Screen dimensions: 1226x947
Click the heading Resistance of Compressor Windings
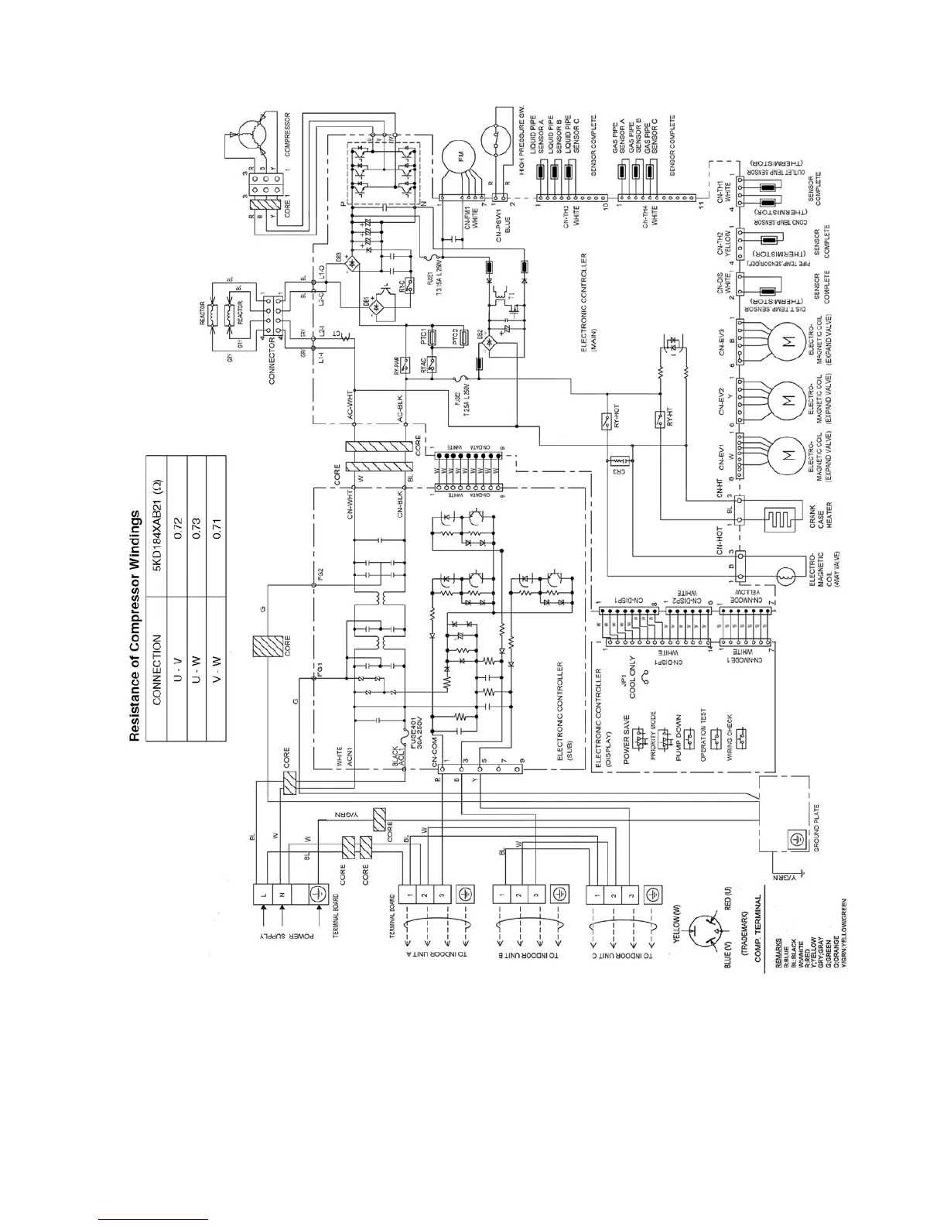coord(135,625)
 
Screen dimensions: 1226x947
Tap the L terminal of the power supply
coord(264,895)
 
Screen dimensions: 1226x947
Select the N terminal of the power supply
coord(282,895)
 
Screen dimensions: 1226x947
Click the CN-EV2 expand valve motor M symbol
coord(788,401)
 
